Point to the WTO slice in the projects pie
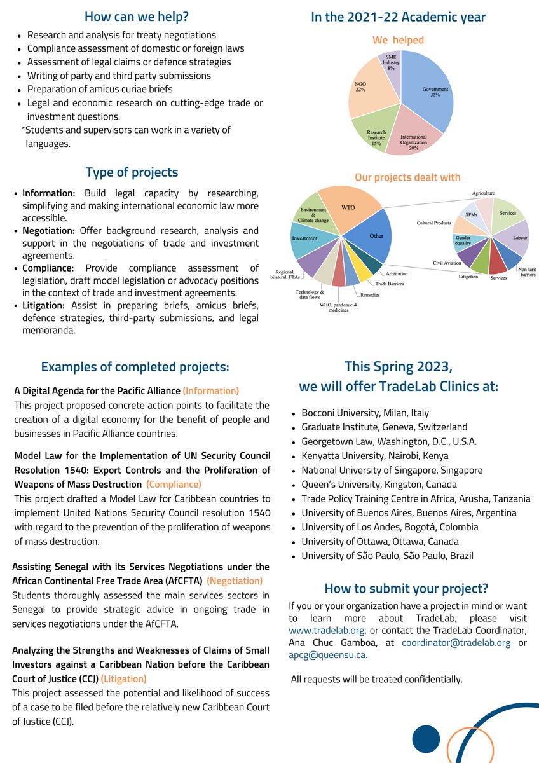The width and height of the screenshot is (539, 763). (348, 207)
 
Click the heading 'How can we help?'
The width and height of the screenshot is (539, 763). (136, 17)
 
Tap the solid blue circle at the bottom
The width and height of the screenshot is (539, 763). (426, 739)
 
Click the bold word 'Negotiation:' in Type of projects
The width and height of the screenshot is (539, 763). (49, 230)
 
